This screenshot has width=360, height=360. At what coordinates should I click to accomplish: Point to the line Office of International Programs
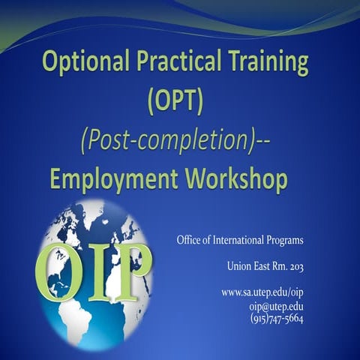coord(240,241)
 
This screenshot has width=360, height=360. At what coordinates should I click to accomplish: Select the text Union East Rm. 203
coord(265,266)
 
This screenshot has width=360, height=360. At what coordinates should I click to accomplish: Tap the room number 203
coord(295,266)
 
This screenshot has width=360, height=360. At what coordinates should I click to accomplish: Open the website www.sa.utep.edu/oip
coord(262,291)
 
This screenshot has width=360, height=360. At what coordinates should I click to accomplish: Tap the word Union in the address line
coord(238,266)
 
